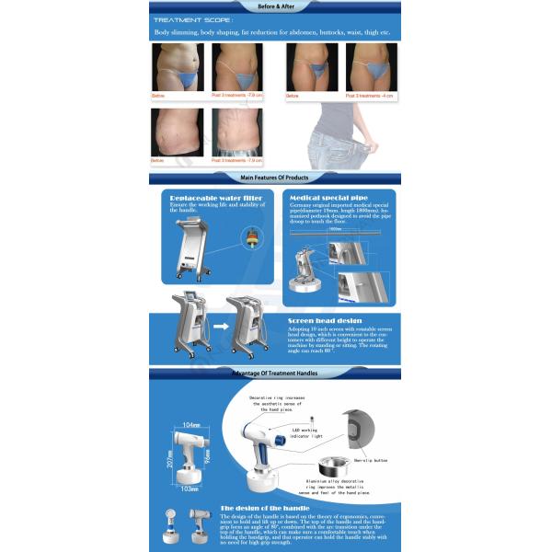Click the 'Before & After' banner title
275,6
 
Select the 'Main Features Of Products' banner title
274,177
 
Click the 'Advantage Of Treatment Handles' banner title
275,373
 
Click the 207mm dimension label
171,451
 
